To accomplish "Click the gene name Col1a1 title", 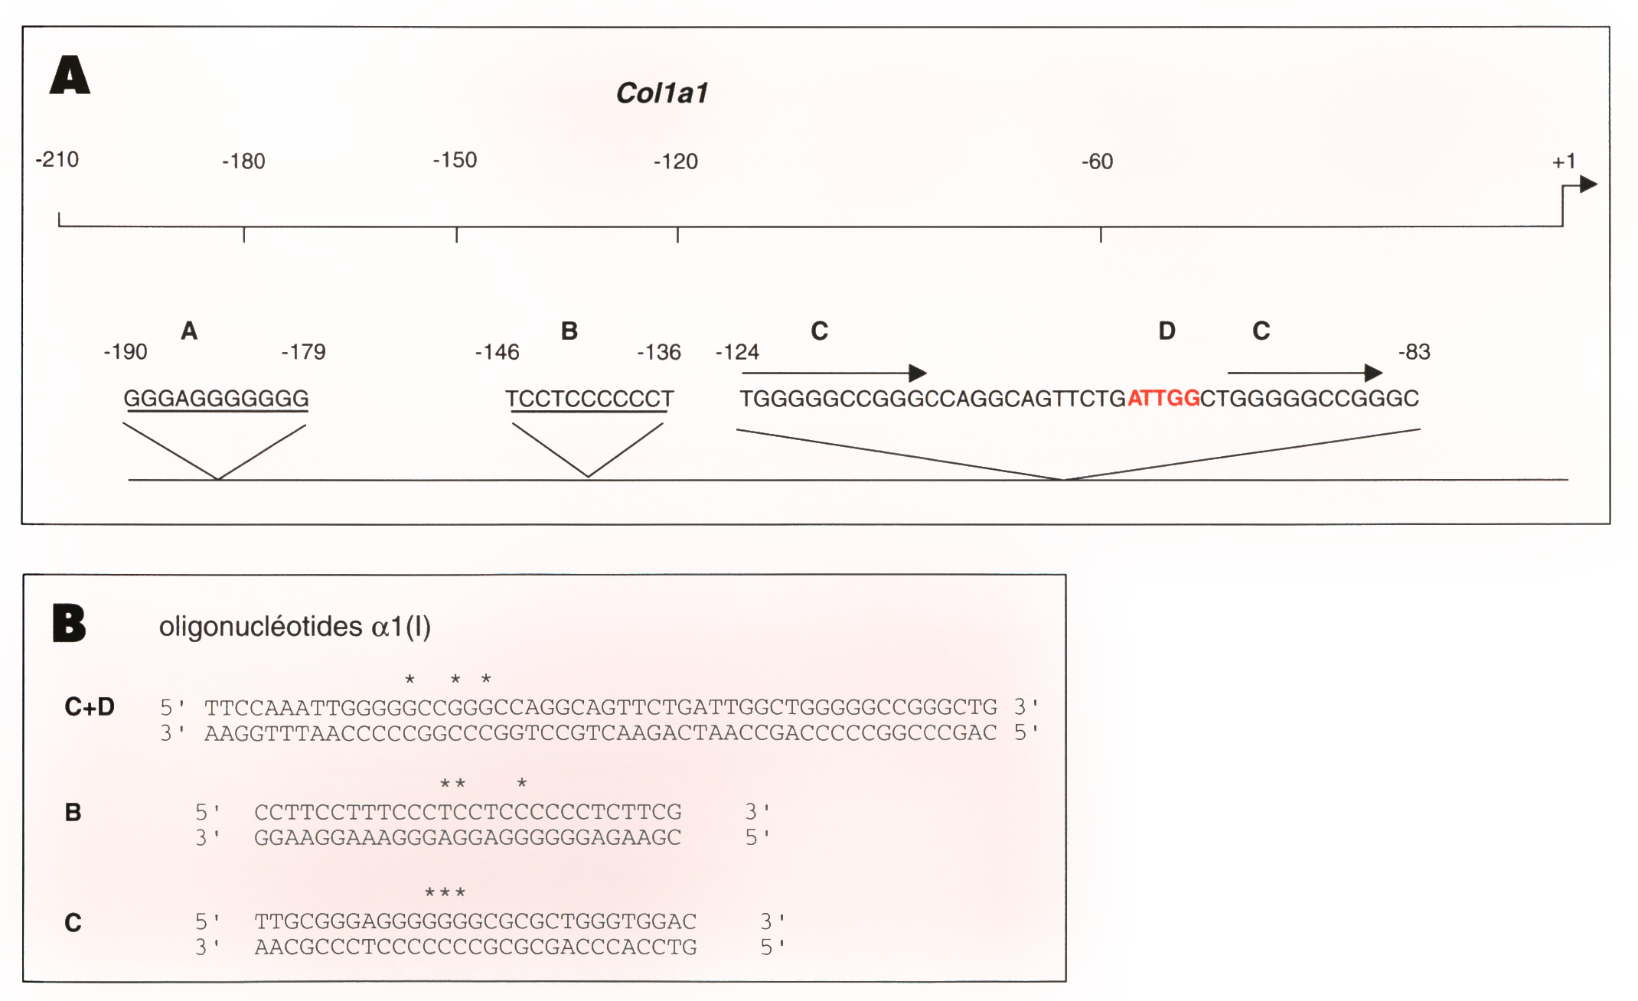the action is tap(662, 93).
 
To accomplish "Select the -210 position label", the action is tap(57, 160).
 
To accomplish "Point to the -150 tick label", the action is tap(455, 160).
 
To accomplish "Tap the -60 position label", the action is tap(1097, 161).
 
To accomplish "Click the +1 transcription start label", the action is tap(1564, 161).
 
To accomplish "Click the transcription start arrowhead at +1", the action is tap(1589, 184).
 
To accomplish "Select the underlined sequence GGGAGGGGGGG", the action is tap(217, 399).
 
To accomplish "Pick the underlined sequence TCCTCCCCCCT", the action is tap(589, 399).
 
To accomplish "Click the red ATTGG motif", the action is tap(1163, 399).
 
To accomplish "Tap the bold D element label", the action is tap(1167, 331).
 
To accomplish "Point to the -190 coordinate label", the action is tap(126, 352).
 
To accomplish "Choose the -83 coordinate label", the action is tap(1414, 352).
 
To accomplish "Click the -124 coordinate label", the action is tap(737, 352).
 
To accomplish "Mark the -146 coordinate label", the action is tap(497, 352).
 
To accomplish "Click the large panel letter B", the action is tap(69, 623).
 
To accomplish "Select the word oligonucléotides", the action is tap(260, 627).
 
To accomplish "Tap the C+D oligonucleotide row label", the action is tap(90, 706).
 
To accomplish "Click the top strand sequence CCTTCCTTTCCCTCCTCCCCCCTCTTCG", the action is tap(468, 812).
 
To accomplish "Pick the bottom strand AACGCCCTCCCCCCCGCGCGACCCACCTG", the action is tap(475, 947).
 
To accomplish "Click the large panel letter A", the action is tap(70, 75).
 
